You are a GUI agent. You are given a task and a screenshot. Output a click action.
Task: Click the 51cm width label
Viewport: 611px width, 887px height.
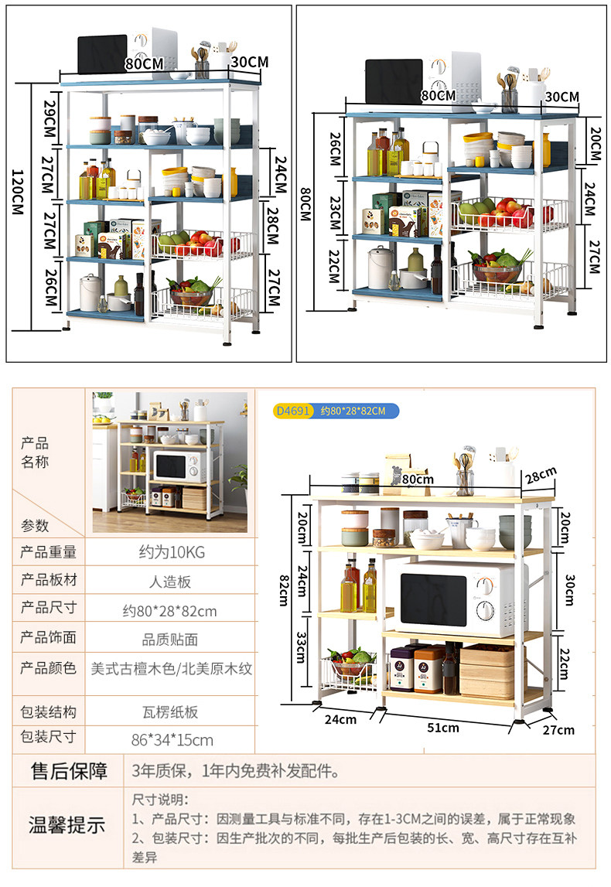443,727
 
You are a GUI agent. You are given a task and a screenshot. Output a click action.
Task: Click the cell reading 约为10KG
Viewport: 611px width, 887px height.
172,552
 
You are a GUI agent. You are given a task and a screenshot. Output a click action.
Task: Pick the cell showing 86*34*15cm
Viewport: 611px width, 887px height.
172,739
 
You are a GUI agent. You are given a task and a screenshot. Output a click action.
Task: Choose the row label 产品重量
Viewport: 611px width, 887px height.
48,552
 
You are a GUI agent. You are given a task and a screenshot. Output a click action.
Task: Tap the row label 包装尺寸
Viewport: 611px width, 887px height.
48,736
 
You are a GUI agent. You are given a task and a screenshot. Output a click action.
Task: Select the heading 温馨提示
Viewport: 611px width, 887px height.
67,824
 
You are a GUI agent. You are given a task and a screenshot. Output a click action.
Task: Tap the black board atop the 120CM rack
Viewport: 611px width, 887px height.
102,53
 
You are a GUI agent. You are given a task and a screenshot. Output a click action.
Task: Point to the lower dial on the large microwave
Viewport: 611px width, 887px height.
486,610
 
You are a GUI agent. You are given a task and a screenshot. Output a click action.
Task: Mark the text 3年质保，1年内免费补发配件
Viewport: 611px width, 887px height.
236,771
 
